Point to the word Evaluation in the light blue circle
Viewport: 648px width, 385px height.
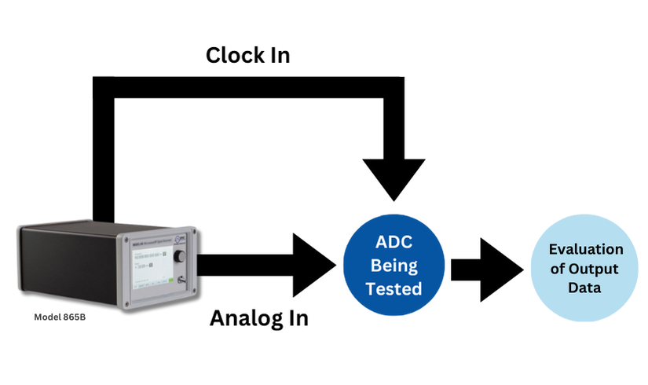tap(585, 250)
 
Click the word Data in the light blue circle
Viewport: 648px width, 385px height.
tap(586, 288)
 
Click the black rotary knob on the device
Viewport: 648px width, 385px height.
tap(181, 257)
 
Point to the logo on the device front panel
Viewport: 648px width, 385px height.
tap(180, 240)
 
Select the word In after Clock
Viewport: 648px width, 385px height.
tap(277, 56)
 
